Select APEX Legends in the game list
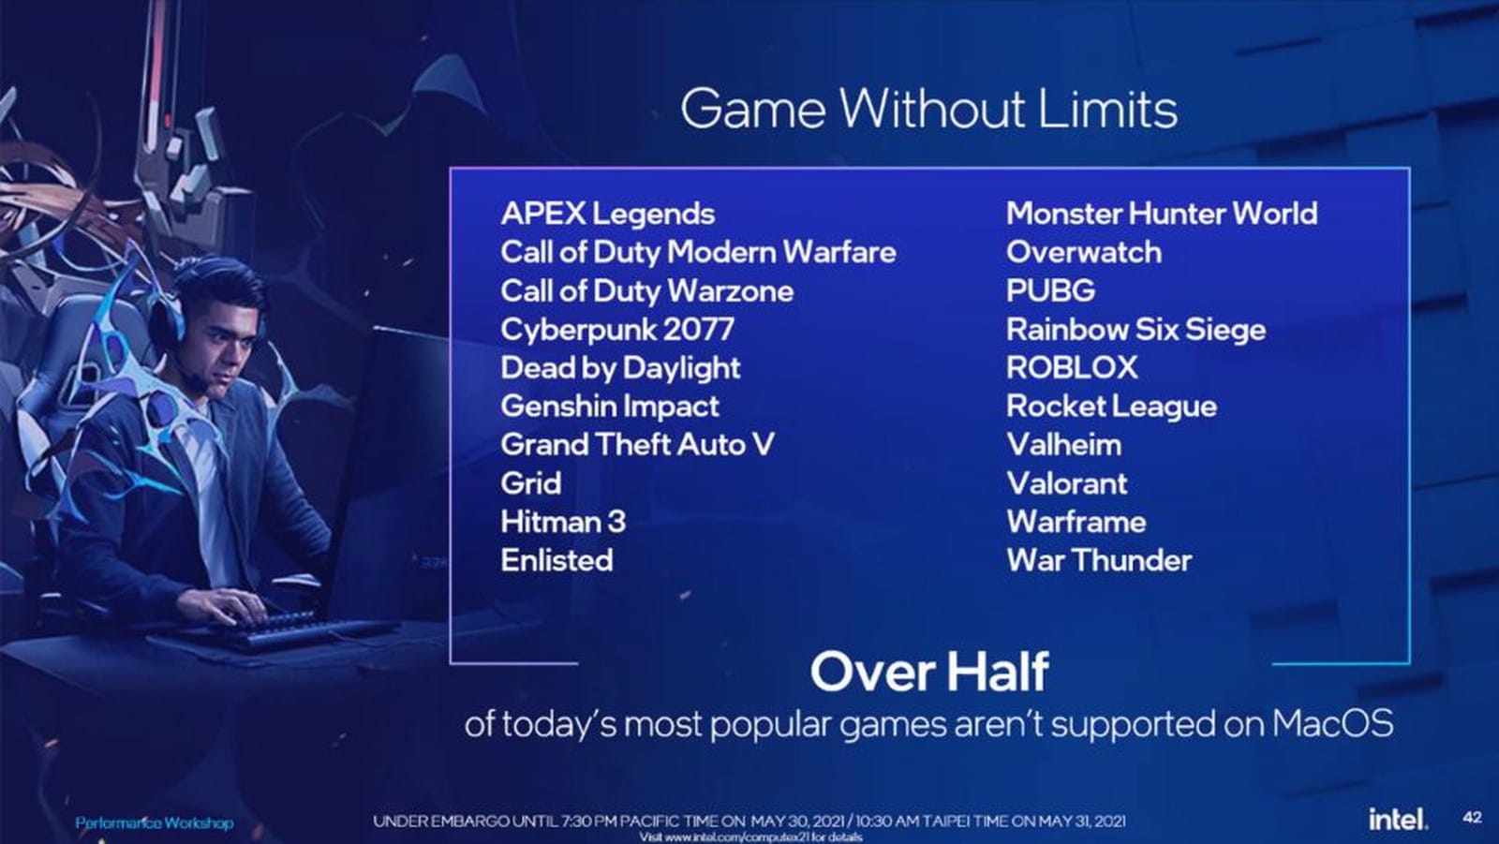(608, 215)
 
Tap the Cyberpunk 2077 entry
(617, 331)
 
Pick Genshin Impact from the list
(610, 407)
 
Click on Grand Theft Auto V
(637, 445)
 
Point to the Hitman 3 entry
(563, 522)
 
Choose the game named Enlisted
(557, 561)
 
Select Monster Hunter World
(1162, 215)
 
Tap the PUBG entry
(1050, 291)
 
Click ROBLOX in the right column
(1072, 367)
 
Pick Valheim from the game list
(1064, 445)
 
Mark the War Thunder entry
(1100, 561)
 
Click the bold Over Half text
(929, 672)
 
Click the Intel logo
(1398, 818)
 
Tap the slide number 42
(1472, 817)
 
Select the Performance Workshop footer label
(155, 822)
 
